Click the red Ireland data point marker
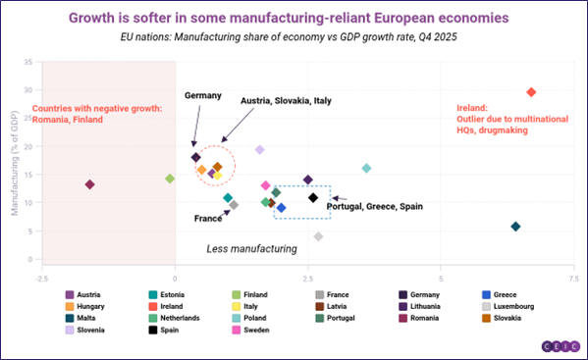click(x=531, y=92)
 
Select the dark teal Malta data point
click(x=515, y=227)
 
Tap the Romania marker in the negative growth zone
click(x=89, y=184)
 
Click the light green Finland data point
click(x=170, y=179)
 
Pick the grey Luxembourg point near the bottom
click(x=318, y=236)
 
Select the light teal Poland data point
click(x=366, y=169)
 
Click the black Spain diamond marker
click(x=313, y=198)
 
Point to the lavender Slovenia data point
click(x=260, y=150)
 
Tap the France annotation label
click(x=208, y=218)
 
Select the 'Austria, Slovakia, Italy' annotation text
click(x=288, y=100)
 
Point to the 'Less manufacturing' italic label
click(x=251, y=249)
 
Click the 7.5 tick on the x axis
click(x=573, y=279)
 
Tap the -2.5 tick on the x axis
click(x=42, y=279)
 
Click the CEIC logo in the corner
click(x=557, y=346)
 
